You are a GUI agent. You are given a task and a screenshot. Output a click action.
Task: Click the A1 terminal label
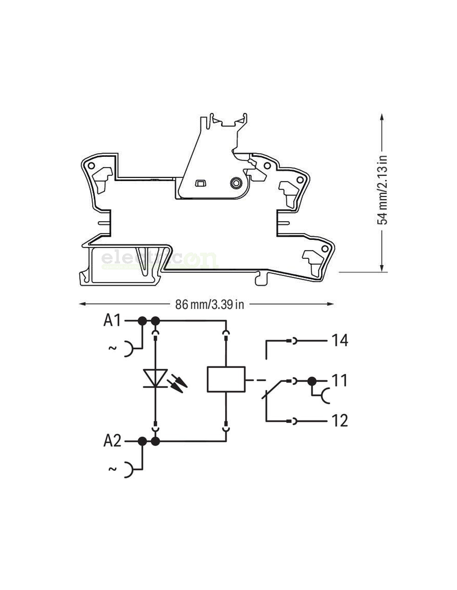112,321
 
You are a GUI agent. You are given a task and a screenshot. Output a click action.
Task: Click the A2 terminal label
112,441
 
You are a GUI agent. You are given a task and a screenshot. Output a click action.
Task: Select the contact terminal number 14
339,341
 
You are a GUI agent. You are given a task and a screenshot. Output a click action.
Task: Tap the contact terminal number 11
339,380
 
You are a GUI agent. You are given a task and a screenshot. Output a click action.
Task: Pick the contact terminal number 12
339,421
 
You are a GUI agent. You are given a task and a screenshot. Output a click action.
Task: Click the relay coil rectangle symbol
226,379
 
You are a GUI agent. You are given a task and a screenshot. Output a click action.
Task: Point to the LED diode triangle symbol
155,378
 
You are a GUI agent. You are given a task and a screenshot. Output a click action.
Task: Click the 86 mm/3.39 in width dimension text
209,305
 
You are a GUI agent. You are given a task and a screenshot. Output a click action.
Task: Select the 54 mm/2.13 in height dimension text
382,190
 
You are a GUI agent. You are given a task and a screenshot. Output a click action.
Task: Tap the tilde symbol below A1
112,348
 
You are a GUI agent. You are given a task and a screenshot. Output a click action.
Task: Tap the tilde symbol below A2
112,468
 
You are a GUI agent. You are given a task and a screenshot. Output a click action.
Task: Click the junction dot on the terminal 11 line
312,381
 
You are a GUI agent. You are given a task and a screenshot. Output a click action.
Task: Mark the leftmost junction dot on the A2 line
142,441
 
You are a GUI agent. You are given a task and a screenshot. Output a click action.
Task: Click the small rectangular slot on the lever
200,183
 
